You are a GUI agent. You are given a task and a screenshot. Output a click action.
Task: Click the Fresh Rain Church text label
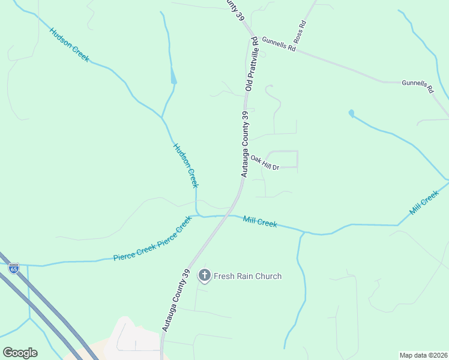tap(247, 276)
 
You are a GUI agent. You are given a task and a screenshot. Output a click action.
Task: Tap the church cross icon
tap(204, 276)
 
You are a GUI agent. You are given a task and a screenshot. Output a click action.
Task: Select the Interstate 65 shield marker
tap(14, 268)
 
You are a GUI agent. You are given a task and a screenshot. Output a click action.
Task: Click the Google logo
tap(20, 353)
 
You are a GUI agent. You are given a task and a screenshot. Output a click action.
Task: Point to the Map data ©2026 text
tap(423, 355)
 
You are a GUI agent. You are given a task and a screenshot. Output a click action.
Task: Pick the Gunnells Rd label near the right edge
tap(418, 86)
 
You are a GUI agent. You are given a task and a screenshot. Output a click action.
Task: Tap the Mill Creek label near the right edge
tap(424, 203)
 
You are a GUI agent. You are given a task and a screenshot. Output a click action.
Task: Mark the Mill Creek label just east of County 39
tap(260, 221)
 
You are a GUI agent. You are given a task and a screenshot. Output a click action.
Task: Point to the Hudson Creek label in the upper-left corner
tap(69, 45)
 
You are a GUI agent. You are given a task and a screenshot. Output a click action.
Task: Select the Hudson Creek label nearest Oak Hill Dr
tap(185, 165)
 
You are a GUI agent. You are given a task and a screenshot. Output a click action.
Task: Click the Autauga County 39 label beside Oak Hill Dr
tap(245, 144)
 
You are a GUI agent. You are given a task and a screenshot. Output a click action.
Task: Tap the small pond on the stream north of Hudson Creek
tap(173, 77)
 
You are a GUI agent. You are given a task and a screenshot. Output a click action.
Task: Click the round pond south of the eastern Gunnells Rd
tap(351, 113)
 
